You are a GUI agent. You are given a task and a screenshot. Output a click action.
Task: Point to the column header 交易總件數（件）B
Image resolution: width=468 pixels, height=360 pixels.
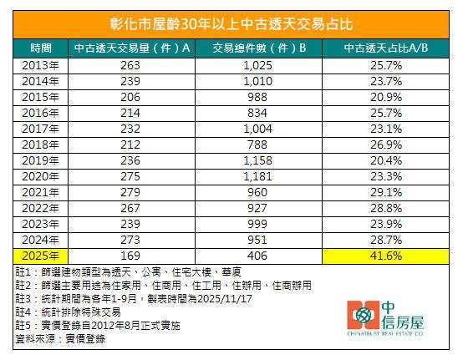[260, 48]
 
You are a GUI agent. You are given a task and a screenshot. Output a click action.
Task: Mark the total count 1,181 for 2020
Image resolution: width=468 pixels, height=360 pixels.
[260, 177]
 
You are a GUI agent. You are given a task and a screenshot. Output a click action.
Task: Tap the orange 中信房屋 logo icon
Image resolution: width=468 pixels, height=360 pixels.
[362, 319]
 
